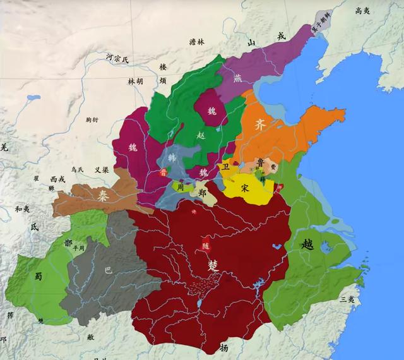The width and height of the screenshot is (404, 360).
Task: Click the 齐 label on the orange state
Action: (259, 124)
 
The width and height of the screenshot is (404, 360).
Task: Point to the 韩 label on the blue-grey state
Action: (172, 158)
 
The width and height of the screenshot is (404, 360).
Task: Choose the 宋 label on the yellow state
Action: (246, 188)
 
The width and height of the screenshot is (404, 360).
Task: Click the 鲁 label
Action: (261, 163)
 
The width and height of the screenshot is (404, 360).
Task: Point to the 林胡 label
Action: (136, 81)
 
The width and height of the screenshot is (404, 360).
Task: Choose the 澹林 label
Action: (197, 42)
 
